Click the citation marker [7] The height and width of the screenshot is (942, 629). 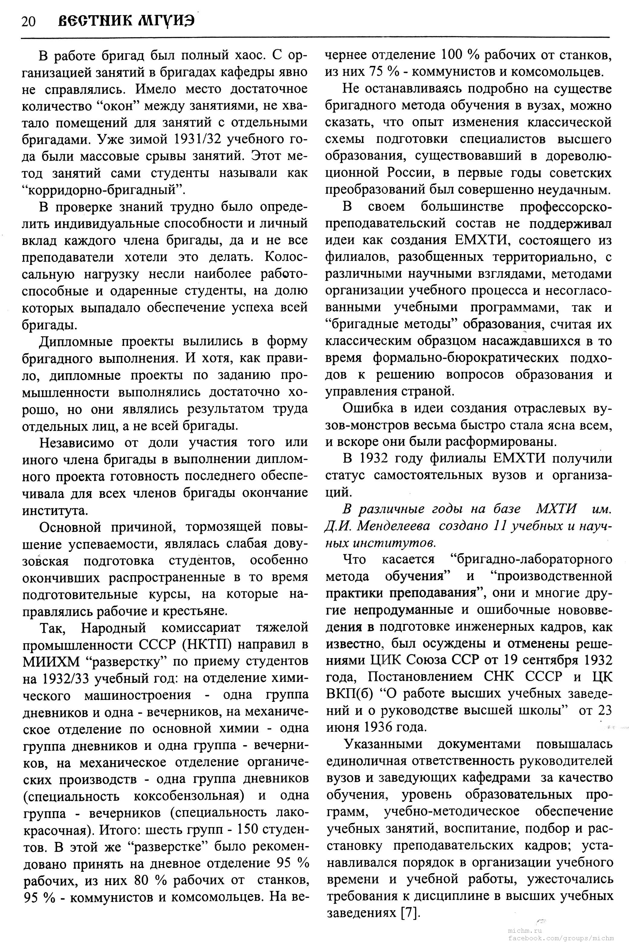click(410, 913)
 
